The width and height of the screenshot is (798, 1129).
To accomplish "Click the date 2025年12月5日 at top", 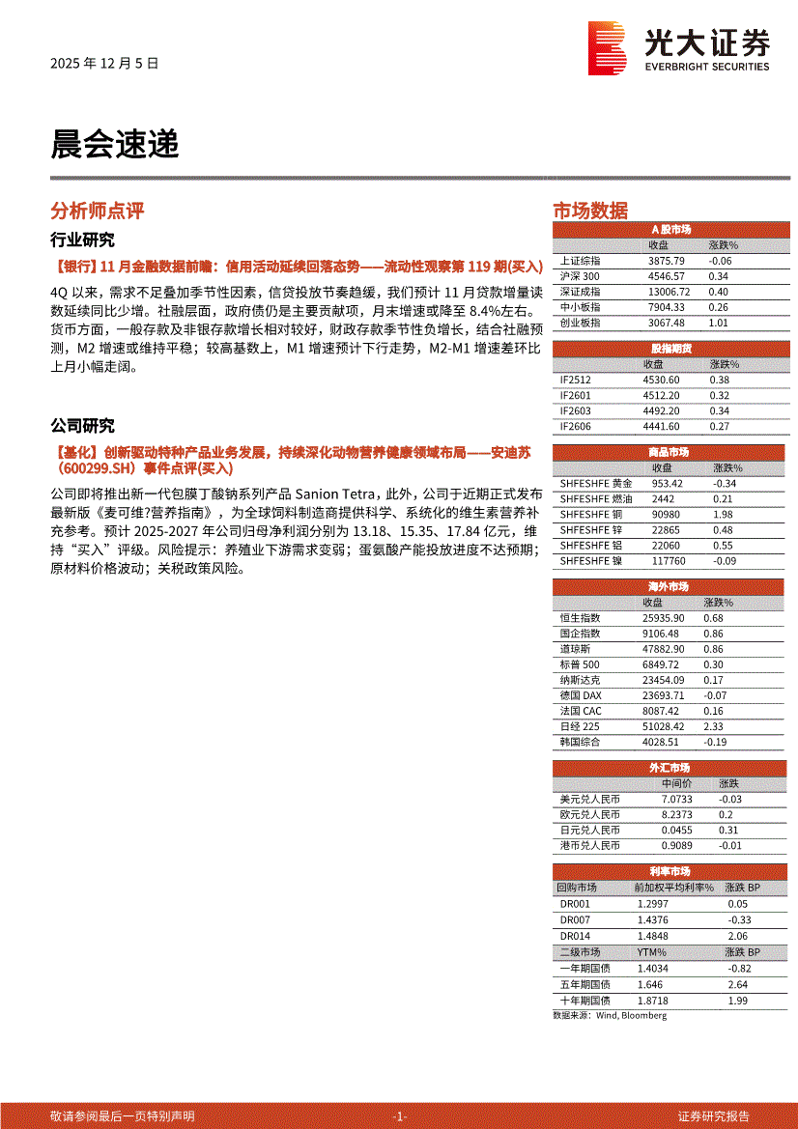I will tap(103, 64).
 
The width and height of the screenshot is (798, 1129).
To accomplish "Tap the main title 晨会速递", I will tap(114, 146).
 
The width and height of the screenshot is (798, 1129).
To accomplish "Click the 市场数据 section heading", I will tap(589, 211).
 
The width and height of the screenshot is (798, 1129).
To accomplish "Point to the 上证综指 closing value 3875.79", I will tap(666, 261).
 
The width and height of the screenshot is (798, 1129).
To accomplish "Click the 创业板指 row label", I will tap(580, 323).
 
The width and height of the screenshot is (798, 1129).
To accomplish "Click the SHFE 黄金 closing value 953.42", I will tap(667, 483).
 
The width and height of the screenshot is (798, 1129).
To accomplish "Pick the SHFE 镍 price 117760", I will tap(669, 560).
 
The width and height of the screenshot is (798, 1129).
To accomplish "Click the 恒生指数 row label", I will tap(580, 618).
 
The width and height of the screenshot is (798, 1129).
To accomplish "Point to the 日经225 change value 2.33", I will tap(714, 726).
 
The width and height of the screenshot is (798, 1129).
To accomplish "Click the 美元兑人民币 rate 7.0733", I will tap(676, 800).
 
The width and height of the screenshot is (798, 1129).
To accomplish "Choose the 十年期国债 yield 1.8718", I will tap(653, 1001).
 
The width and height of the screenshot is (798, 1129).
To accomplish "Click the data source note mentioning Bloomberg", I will tap(609, 1015).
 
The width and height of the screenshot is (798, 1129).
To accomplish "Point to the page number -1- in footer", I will tap(400, 1115).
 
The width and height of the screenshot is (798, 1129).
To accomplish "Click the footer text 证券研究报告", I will tap(713, 1115).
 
